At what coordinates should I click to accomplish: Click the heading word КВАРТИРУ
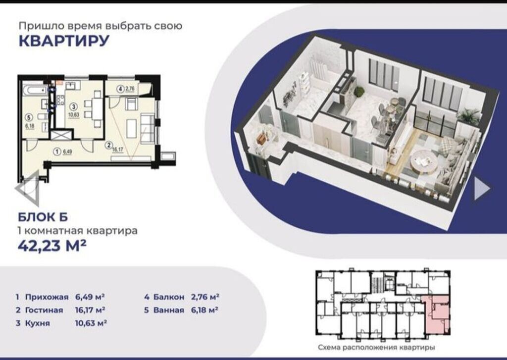[x=64, y=41]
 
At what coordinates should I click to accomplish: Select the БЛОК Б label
[x=43, y=217]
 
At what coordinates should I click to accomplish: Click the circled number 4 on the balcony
[x=120, y=89]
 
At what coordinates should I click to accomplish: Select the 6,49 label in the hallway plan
[x=67, y=151]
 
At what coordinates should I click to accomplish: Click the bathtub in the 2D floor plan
[x=35, y=89]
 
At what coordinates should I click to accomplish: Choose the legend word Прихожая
[x=47, y=297]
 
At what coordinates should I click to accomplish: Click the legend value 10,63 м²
[x=91, y=323]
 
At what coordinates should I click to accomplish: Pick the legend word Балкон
[x=169, y=297]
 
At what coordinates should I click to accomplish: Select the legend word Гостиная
[x=44, y=310]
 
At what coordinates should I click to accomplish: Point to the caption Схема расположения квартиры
[x=376, y=348]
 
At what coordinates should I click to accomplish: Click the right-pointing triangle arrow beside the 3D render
[x=482, y=188]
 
